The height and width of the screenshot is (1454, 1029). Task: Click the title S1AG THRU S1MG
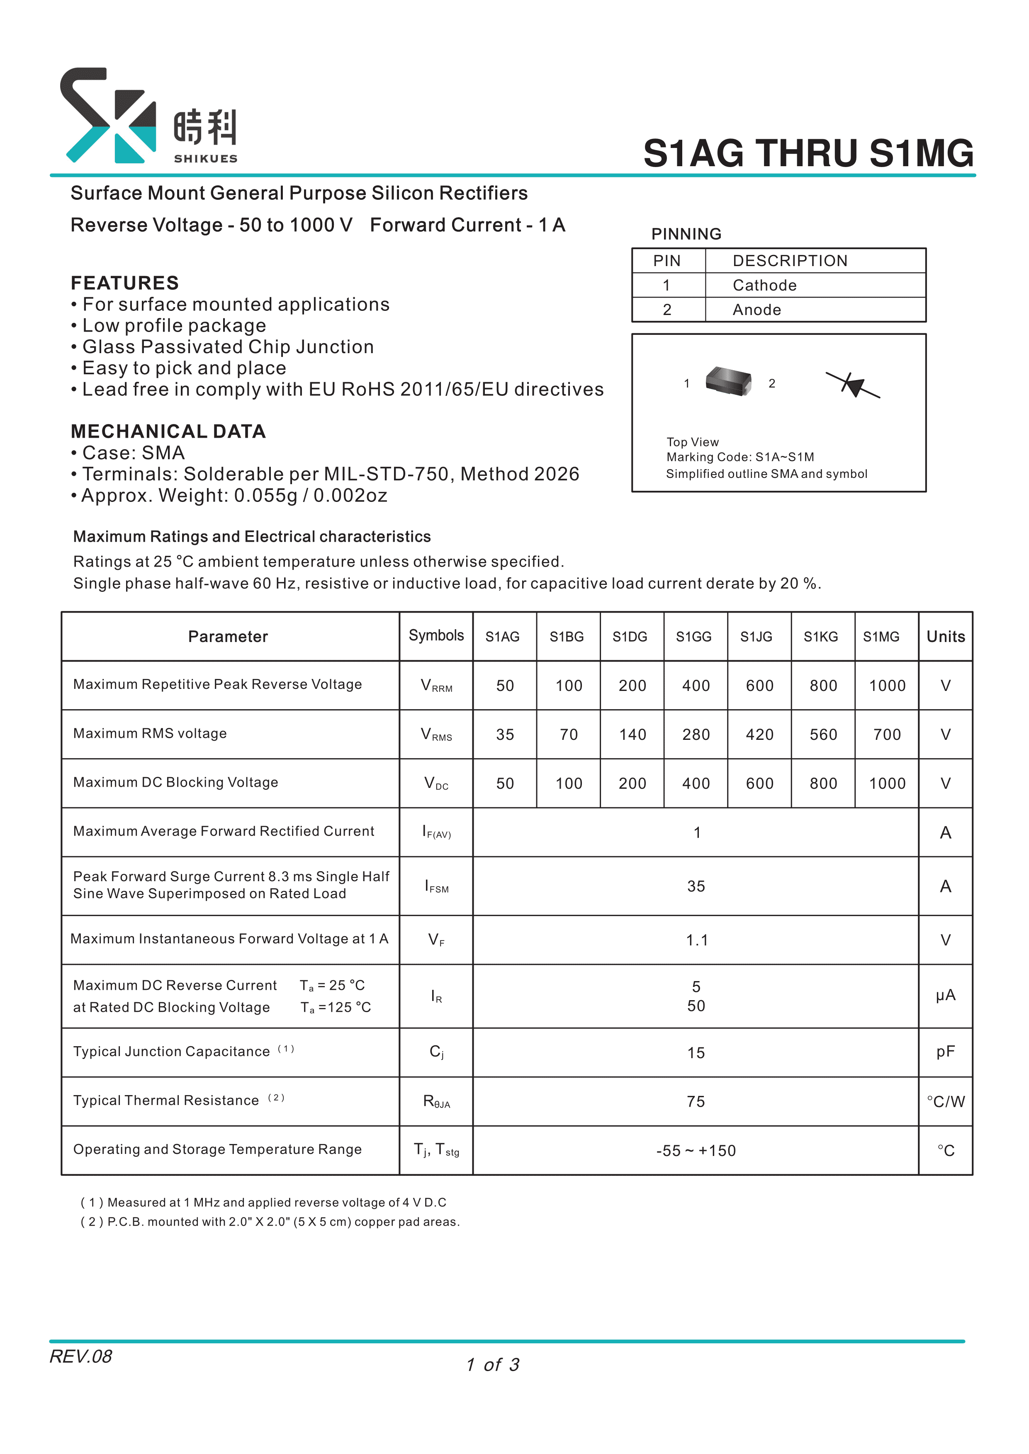(x=808, y=153)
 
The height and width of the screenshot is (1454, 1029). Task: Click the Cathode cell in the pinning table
(x=765, y=286)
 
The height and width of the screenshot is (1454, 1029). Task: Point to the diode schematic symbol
(x=853, y=384)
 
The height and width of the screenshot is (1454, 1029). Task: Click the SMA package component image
(x=729, y=381)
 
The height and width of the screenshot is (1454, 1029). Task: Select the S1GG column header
(x=694, y=637)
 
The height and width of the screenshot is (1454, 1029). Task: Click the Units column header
(x=945, y=637)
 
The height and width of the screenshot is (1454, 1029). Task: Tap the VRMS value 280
(x=696, y=734)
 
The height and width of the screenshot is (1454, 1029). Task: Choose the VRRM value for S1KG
(x=823, y=686)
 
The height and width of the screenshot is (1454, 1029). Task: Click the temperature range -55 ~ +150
(x=696, y=1151)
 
